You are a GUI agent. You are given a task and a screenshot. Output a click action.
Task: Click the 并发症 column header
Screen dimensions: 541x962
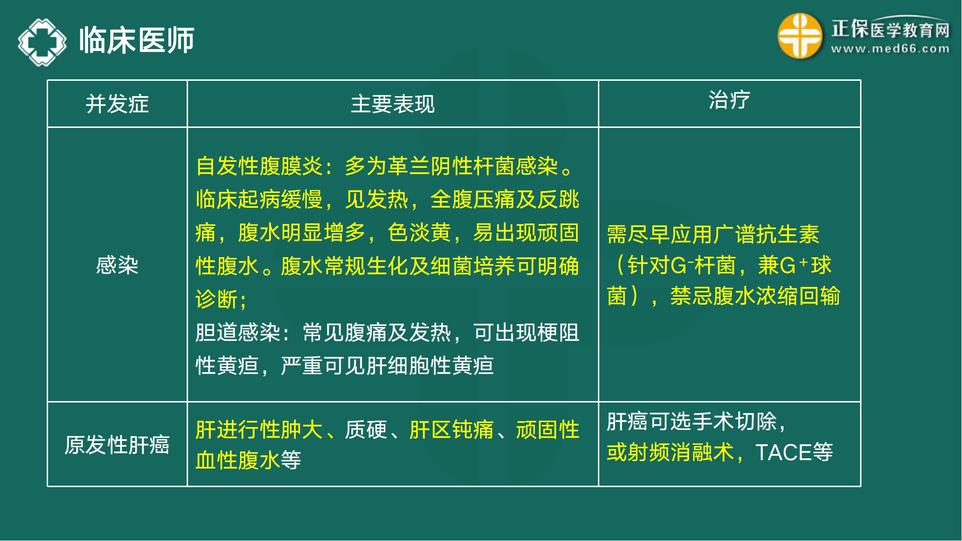point(117,104)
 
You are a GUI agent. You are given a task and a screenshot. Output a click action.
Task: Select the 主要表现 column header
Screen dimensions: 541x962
point(392,104)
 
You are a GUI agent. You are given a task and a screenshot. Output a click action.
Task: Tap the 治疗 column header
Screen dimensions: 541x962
point(729,100)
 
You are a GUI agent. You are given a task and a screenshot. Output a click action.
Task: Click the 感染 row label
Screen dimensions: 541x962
point(117,265)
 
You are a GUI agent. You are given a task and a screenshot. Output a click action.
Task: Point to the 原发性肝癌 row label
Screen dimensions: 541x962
point(117,445)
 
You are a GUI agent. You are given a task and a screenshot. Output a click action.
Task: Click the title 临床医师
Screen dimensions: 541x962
point(137,40)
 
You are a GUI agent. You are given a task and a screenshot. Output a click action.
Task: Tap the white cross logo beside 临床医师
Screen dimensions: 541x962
point(42,42)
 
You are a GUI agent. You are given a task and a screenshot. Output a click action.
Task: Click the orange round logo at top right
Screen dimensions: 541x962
point(800,36)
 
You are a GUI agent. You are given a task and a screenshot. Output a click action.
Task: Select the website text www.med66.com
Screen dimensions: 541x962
point(890,49)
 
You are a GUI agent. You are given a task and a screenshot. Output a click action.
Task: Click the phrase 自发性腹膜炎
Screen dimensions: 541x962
point(259,166)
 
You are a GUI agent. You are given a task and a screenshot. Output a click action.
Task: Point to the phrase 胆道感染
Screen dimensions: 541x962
point(238,333)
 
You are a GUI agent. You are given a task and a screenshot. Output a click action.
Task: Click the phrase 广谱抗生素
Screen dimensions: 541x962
point(767,235)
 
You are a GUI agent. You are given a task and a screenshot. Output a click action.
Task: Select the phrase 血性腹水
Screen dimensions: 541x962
point(238,460)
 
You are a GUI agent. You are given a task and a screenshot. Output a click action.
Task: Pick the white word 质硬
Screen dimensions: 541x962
point(366,430)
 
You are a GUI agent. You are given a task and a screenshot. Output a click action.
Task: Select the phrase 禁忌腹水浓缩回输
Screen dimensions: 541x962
point(755,296)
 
